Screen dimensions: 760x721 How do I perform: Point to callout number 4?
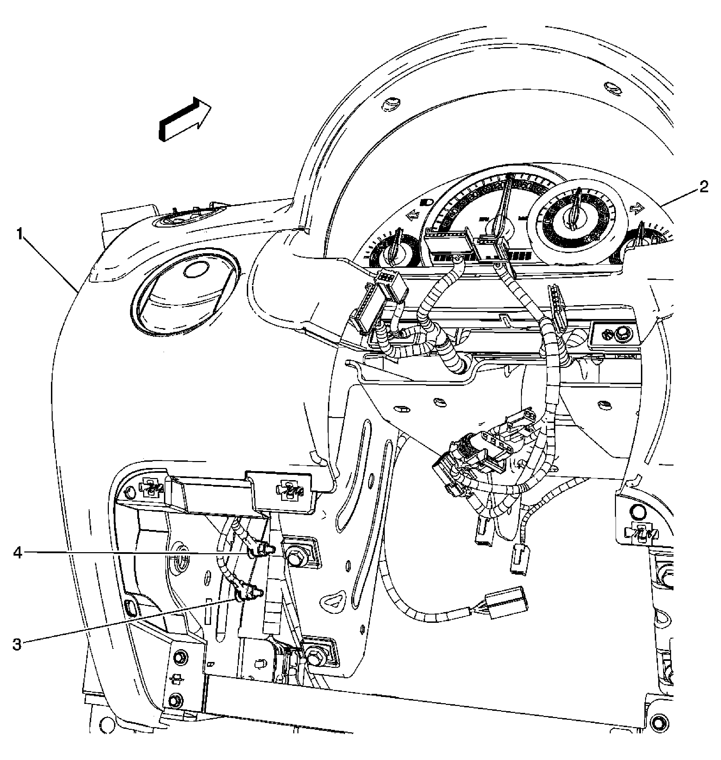coord(17,553)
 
